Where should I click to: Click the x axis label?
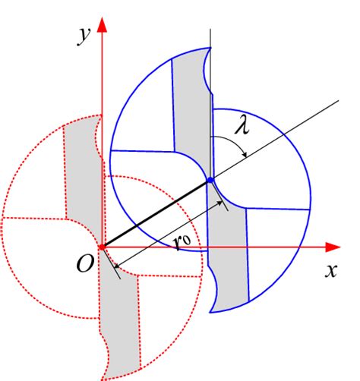pos(331,271)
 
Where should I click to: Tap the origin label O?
pos(84,263)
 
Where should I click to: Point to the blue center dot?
pos(210,181)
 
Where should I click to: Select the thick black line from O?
pos(156,213)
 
